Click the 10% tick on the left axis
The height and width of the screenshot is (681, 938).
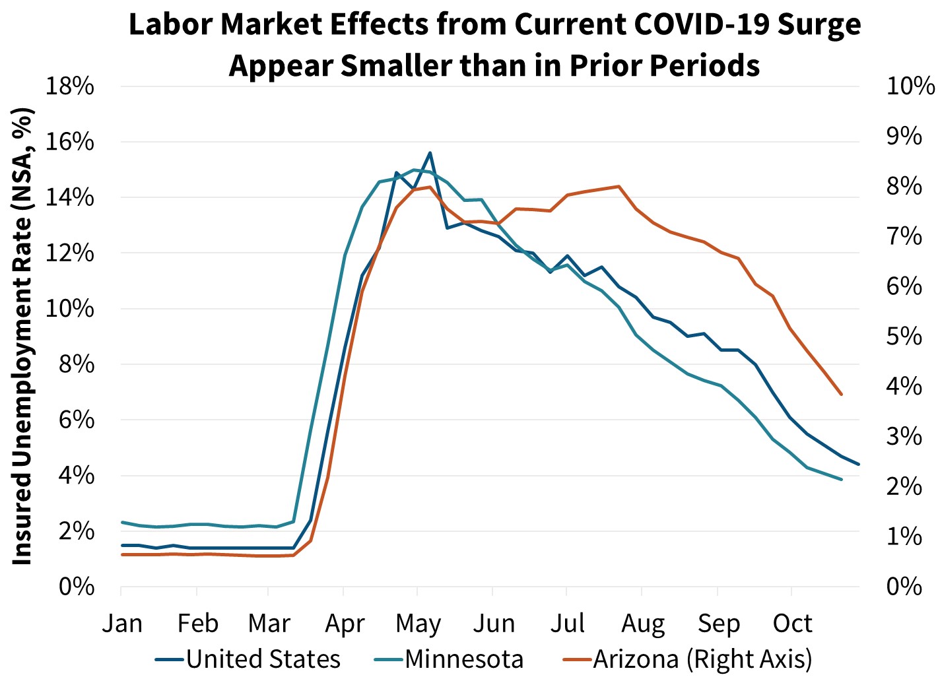[x=69, y=309]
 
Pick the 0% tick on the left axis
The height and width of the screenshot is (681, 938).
[x=76, y=586]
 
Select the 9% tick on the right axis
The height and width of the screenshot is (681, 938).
[x=904, y=136]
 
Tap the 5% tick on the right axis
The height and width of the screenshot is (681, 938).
[x=904, y=337]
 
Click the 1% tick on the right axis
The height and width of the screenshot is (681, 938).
[x=904, y=536]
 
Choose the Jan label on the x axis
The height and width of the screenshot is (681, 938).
[x=121, y=623]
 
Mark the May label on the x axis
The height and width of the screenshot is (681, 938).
[x=418, y=623]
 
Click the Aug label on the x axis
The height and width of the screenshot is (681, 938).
[x=643, y=623]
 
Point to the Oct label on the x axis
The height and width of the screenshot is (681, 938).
[x=792, y=623]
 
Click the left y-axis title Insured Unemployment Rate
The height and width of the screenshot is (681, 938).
[x=22, y=337]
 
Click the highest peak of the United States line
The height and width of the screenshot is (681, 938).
[x=430, y=152]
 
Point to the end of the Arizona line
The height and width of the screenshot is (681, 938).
[x=842, y=395]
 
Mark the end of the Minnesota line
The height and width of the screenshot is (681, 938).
[x=842, y=479]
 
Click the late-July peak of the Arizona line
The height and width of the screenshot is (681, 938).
[x=619, y=186]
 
